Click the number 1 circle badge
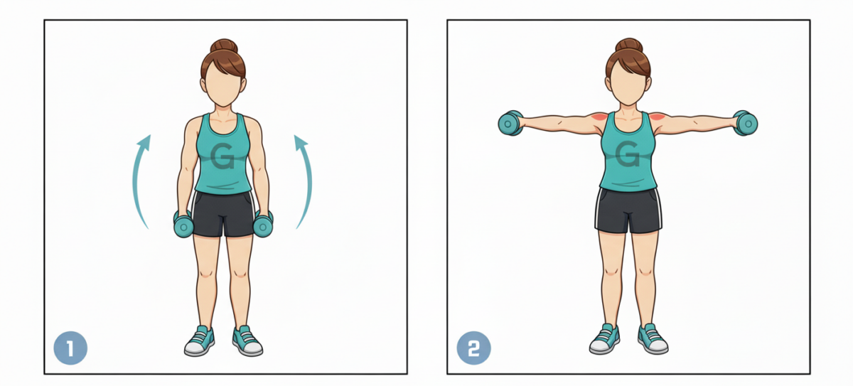[70, 348]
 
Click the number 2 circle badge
[473, 348]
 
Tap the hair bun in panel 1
[223, 46]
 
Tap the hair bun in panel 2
[628, 45]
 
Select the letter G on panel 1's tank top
[222, 156]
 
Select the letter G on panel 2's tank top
[627, 154]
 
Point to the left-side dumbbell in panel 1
[183, 224]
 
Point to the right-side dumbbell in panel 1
[263, 224]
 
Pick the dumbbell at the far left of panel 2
[510, 124]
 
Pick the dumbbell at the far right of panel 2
[745, 123]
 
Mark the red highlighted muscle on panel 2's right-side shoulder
[657, 117]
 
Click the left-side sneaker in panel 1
[199, 341]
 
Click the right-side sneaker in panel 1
[247, 341]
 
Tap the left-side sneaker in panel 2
[604, 339]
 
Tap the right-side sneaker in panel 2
[653, 339]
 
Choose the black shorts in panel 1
[223, 213]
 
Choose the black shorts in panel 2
[628, 210]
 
